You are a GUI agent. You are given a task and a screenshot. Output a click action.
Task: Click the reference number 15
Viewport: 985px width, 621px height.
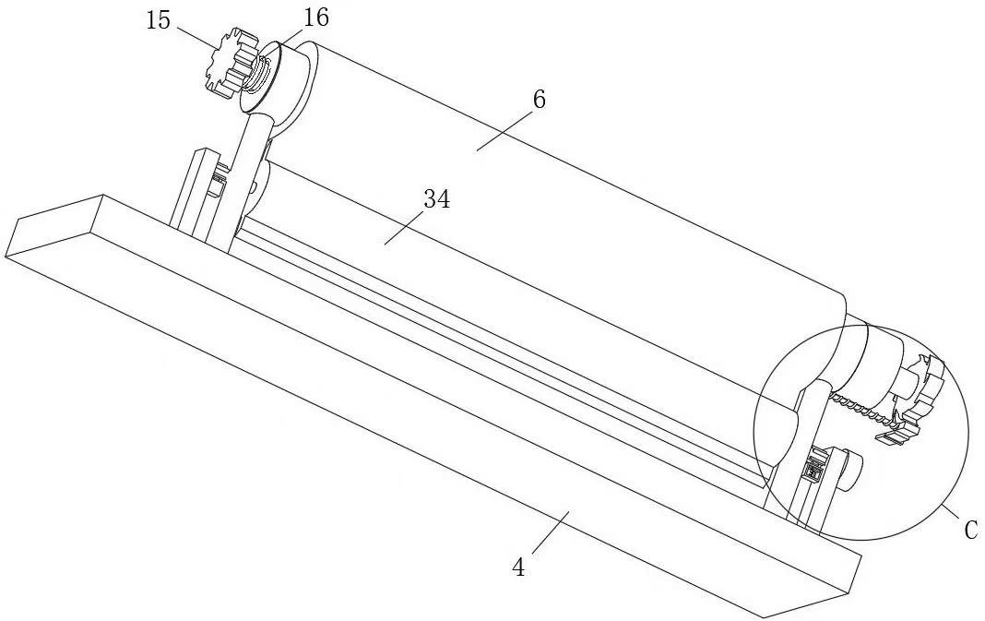coord(159,20)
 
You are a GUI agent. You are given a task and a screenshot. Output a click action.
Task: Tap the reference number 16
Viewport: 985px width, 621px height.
coord(314,16)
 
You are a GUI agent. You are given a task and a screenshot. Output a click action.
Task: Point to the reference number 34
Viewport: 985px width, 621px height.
coord(436,198)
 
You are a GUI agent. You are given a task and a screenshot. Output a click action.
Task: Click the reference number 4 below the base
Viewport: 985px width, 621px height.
coord(518,567)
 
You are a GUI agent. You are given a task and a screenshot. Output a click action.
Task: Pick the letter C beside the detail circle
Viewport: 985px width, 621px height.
coord(969,531)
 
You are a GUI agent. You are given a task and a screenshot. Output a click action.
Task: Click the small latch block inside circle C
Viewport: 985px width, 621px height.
coord(813,469)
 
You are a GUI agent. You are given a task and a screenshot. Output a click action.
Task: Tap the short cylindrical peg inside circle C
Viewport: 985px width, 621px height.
coord(850,469)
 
